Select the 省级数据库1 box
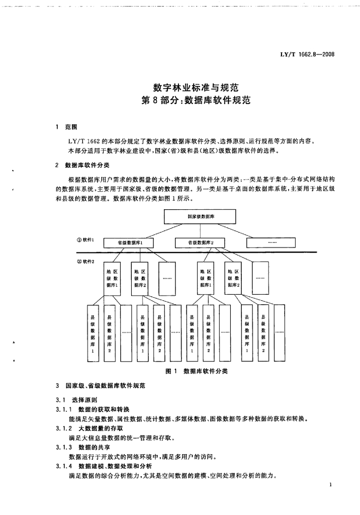[x=130, y=242]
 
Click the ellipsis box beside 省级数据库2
[x=272, y=242]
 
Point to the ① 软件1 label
[x=79, y=240]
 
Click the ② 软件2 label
[x=79, y=261]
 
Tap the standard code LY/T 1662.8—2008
[x=307, y=53]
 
